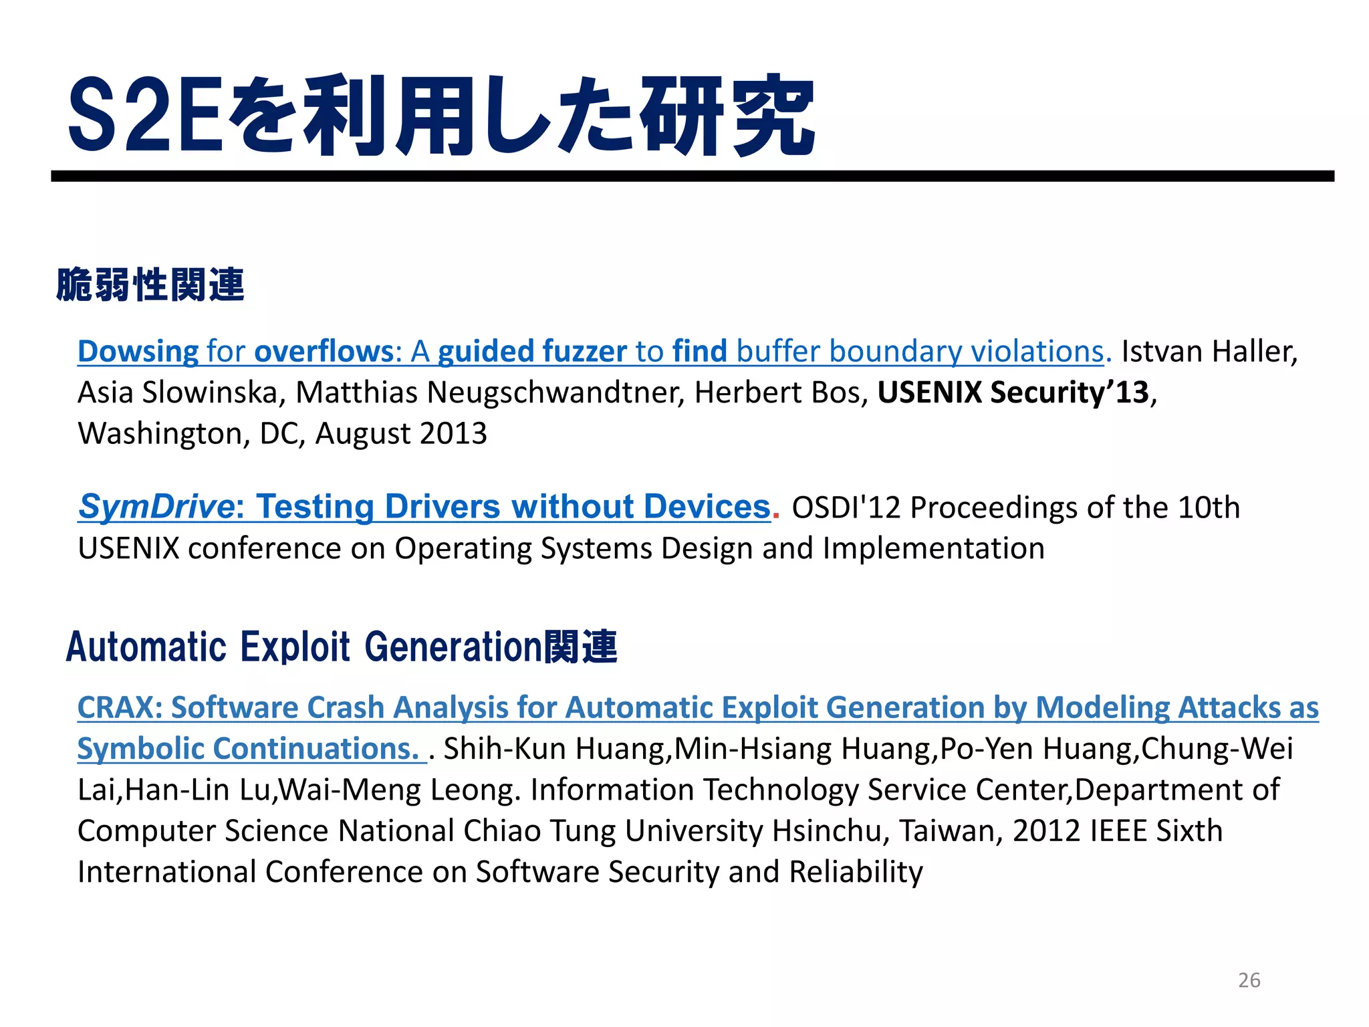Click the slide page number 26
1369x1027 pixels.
(1249, 980)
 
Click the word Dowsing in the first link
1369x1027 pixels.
(138, 352)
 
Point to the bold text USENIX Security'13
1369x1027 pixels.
(1013, 392)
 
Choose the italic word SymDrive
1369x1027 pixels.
(155, 507)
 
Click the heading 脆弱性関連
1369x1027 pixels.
(150, 285)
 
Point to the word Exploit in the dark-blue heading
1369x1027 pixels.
(294, 647)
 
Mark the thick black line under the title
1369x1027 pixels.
(693, 176)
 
